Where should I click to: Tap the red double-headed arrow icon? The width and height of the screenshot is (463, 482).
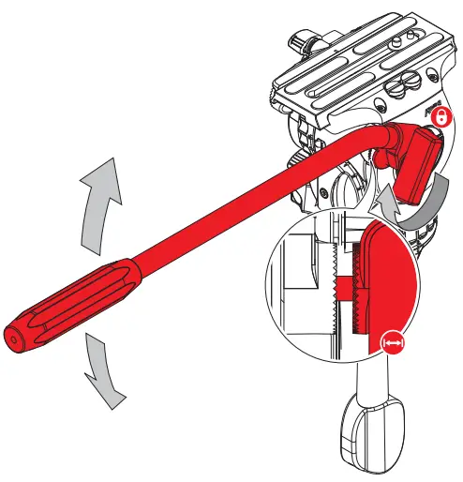click(x=396, y=345)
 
